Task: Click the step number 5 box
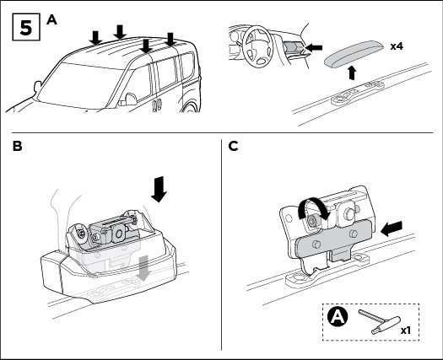coord(26,27)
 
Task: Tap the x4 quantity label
coord(397,46)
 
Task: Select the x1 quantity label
coord(405,330)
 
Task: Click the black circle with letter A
coord(338,317)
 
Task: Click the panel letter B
coord(18,146)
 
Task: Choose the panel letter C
coord(233,146)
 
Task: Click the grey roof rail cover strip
coord(354,51)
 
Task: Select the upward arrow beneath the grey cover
coord(352,73)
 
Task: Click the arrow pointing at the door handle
coord(314,47)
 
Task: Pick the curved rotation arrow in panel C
coord(312,207)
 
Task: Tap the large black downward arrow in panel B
coord(159,189)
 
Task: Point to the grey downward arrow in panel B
coord(143,267)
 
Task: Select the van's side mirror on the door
coord(130,99)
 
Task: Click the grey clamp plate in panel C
coord(333,238)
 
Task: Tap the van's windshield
coord(82,84)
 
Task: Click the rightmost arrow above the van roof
coord(170,40)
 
